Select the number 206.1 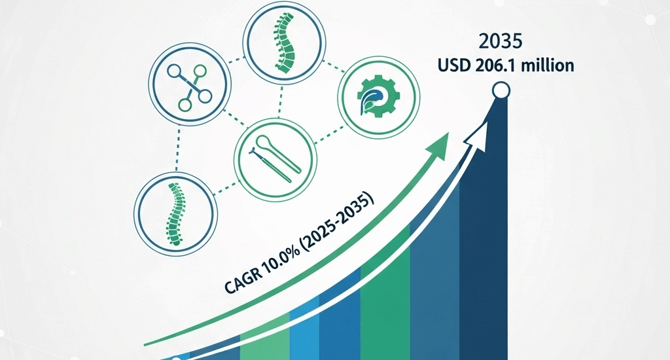[497, 65]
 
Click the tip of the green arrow [447, 134]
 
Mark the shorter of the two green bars [264, 344]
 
